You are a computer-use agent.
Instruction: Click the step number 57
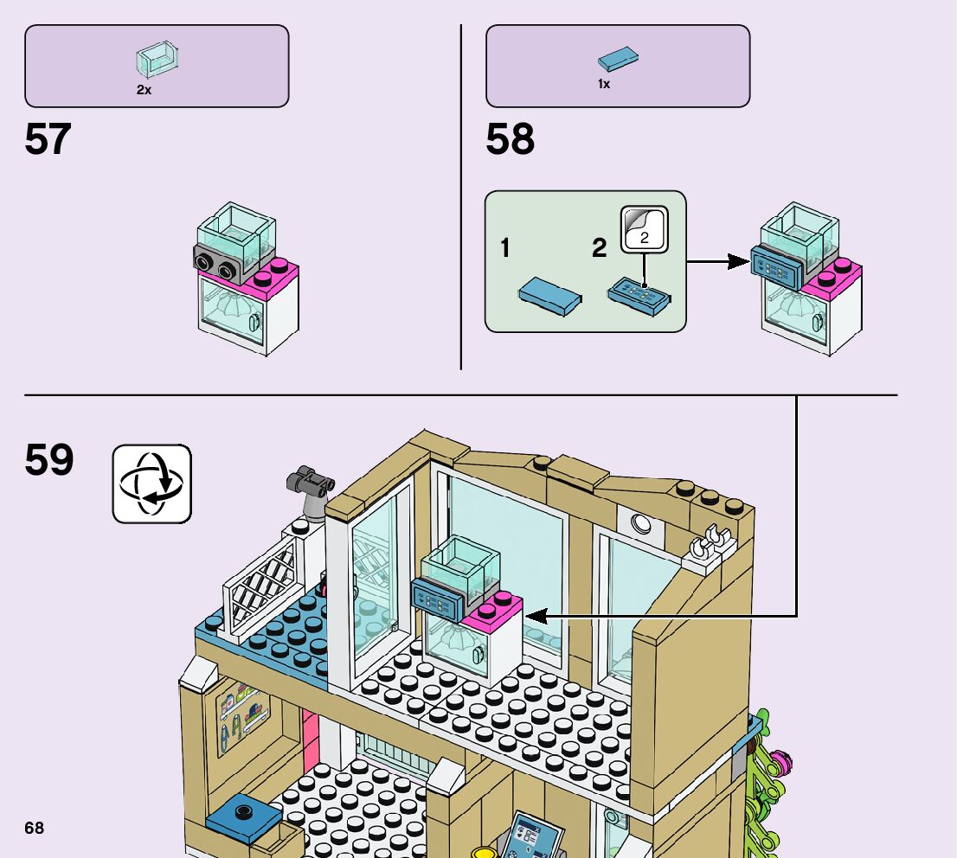[x=48, y=140]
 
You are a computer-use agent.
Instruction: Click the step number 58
[x=510, y=140]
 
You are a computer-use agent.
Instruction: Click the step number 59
[x=48, y=460]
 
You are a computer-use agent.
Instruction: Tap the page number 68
[x=34, y=828]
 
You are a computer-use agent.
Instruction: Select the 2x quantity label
[x=144, y=90]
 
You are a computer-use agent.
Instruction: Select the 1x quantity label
[x=604, y=85]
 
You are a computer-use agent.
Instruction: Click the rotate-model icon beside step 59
[x=151, y=483]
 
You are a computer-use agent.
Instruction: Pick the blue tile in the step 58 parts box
[x=619, y=61]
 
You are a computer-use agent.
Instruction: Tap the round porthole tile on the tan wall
[x=641, y=522]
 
